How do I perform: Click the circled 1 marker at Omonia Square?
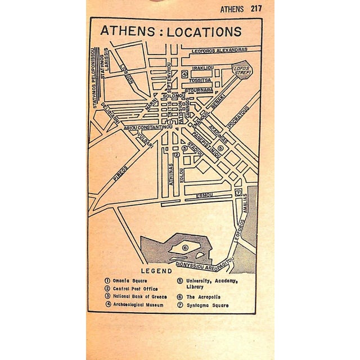click(170, 121)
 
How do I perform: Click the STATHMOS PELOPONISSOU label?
click(95, 76)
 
